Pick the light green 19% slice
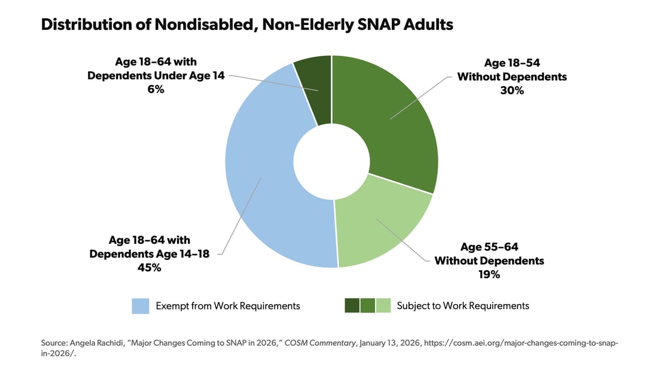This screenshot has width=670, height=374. pyautogui.click(x=380, y=226)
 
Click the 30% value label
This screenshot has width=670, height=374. pyautogui.click(x=512, y=90)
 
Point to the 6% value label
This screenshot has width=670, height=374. pyautogui.click(x=156, y=89)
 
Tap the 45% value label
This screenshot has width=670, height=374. pyautogui.click(x=149, y=268)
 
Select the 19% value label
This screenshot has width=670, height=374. pyautogui.click(x=489, y=274)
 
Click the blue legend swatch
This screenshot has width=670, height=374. pyautogui.click(x=141, y=306)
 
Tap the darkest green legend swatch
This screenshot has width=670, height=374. pyautogui.click(x=352, y=306)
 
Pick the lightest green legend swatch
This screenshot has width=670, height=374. pyautogui.click(x=383, y=306)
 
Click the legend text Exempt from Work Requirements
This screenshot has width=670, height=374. pyautogui.click(x=228, y=306)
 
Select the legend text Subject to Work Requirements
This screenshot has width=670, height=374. pyautogui.click(x=463, y=306)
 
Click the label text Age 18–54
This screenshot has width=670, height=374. pyautogui.click(x=512, y=63)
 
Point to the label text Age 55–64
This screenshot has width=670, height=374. pyautogui.click(x=489, y=247)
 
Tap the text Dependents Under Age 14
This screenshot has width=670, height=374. pyautogui.click(x=156, y=75)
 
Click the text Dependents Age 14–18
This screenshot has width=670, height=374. pyautogui.click(x=149, y=254)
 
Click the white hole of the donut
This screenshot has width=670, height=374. pyautogui.click(x=331, y=161)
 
